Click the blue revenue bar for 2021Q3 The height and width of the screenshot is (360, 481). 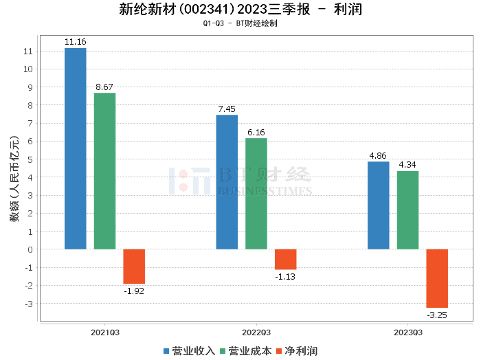point(76,148)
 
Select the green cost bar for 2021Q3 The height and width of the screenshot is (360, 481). point(104,171)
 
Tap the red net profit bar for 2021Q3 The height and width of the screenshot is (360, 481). point(134,267)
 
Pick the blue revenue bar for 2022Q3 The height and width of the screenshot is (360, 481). point(227,182)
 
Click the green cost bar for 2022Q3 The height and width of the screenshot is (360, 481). point(256,194)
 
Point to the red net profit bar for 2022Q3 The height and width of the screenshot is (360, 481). point(285,259)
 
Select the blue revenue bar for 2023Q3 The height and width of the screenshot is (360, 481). point(378,205)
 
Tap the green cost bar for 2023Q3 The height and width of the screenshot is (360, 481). point(407,210)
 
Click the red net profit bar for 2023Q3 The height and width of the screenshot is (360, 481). point(437,278)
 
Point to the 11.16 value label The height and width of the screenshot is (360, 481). point(75,42)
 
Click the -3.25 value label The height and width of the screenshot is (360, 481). point(437,315)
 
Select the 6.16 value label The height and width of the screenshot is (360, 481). point(256,132)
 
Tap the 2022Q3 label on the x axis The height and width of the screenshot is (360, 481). point(256,332)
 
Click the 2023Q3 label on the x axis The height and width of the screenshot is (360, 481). point(407,332)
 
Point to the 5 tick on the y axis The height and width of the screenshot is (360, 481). point(29,159)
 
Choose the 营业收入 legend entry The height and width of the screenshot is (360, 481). point(189,350)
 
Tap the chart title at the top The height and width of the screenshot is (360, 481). point(240,10)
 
